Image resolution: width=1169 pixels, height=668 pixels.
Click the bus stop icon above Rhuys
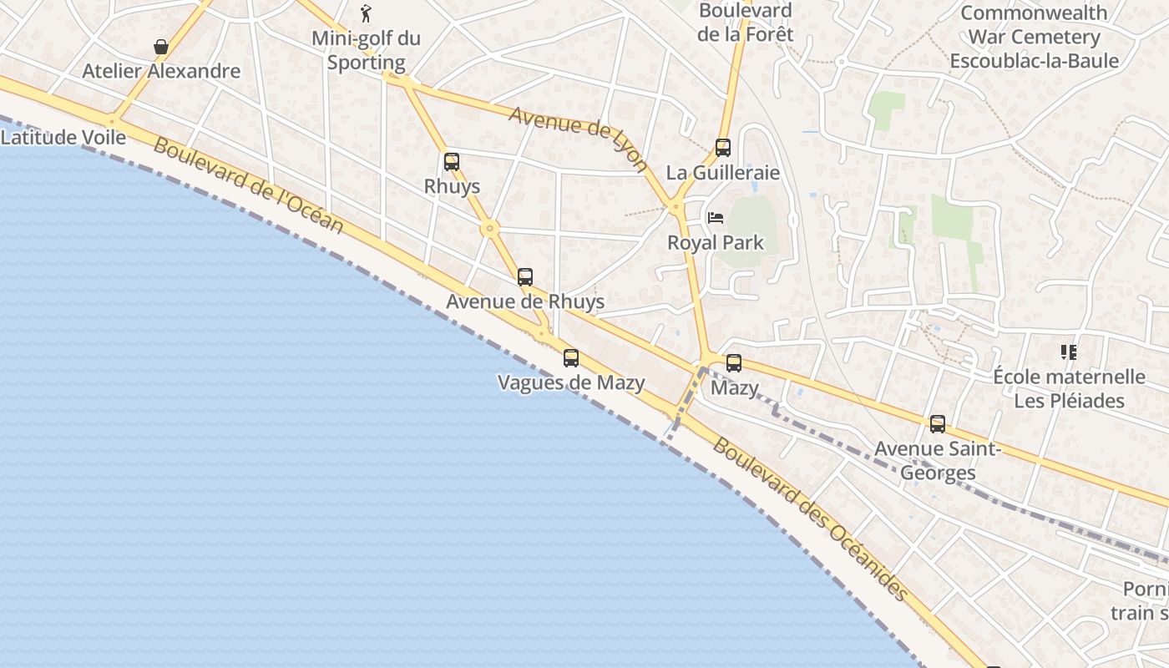coord(452,162)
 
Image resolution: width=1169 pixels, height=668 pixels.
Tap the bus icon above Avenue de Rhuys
coord(525,277)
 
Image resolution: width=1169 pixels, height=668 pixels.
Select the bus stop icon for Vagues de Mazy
coord(571,358)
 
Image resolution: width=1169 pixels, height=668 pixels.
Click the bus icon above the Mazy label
coord(734,363)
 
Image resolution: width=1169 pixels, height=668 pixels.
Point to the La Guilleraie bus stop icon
coord(723,148)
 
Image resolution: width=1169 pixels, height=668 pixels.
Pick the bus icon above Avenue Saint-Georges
coord(938,424)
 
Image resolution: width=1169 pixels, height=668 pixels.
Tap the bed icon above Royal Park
coord(716,218)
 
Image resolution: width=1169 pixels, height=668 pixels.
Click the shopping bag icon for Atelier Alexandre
coord(161,47)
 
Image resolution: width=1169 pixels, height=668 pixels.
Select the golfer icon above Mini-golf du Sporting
coord(366,13)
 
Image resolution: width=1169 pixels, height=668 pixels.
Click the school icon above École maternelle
coord(1069,352)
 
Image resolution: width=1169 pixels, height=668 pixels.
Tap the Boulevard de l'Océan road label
coord(248,185)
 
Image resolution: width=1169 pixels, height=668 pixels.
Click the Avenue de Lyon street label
coord(578,138)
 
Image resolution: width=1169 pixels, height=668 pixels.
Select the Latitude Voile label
coord(63,138)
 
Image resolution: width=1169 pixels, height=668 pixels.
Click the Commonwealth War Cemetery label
coord(1034,37)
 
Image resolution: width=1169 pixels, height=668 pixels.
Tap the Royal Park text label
coord(716,243)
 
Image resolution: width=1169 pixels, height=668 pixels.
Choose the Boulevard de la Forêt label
coord(745,23)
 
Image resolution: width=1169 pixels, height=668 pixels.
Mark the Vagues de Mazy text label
coord(571,383)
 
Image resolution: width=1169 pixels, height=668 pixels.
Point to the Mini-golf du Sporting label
coord(366,50)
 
